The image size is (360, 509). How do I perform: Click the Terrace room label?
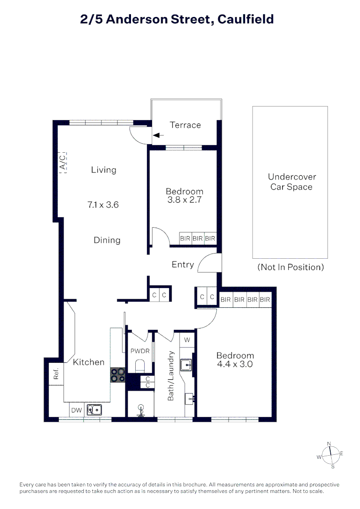click(185, 125)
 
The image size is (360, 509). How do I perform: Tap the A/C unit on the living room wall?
click(63, 162)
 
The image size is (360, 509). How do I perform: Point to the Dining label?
click(107, 240)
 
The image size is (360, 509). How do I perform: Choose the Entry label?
click(183, 264)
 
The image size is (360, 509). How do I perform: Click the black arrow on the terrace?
click(158, 135)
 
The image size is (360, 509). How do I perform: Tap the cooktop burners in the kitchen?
click(117, 374)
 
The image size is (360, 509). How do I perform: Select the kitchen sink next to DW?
click(94, 410)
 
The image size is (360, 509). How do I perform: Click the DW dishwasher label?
click(76, 410)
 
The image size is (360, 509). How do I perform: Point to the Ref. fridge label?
click(56, 374)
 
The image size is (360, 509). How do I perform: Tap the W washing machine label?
click(187, 339)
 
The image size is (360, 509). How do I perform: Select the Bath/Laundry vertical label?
click(172, 376)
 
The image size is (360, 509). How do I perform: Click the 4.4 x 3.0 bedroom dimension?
click(235, 364)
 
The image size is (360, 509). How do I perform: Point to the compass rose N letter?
click(329, 443)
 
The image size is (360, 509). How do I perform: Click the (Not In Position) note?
click(291, 267)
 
